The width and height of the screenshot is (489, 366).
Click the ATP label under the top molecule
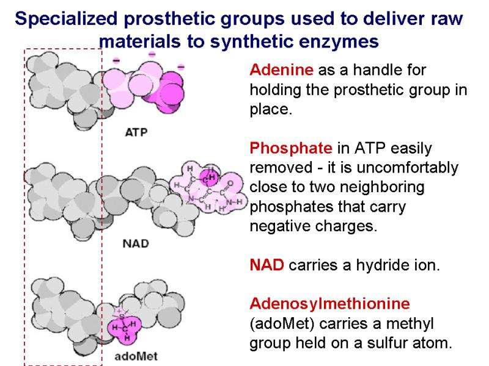click(136, 132)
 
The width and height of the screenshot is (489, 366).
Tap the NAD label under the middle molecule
click(136, 243)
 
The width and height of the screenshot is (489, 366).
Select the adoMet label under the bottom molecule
click(138, 356)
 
